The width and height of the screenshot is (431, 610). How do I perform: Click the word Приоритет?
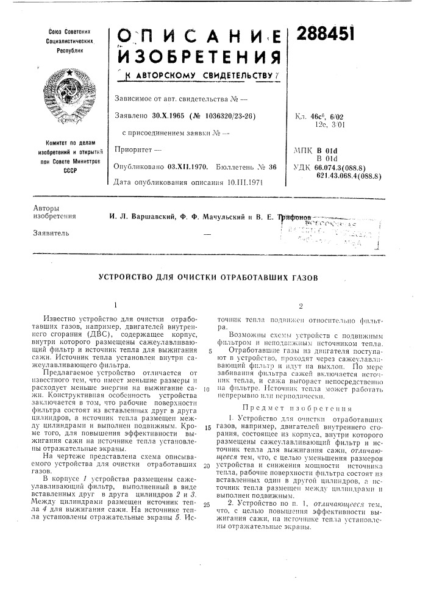click(x=130, y=149)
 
